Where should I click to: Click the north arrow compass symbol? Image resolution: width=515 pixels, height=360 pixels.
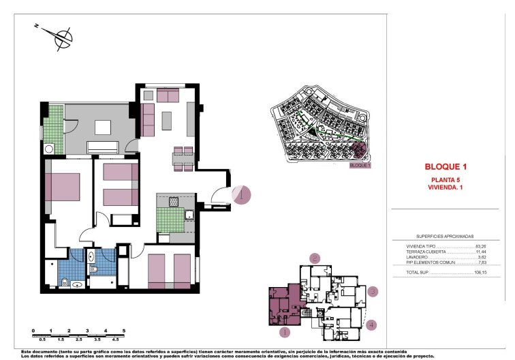[x=62, y=38]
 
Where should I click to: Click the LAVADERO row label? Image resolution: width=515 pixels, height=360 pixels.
[x=417, y=257]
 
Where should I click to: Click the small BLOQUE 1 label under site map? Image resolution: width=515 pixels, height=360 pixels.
[x=359, y=165]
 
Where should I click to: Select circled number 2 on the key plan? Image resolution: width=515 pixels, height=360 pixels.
[x=315, y=258]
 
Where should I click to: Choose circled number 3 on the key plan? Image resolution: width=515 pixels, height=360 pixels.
[x=373, y=292]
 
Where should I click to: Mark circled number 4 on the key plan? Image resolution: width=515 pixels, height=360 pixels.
[x=371, y=325]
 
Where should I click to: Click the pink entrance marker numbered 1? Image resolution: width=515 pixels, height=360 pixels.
[x=242, y=195]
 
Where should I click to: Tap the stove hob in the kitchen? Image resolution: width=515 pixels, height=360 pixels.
[x=173, y=201]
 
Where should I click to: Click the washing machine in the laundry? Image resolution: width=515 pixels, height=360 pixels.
[x=48, y=148]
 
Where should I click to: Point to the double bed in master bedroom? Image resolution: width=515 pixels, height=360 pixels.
[x=63, y=187]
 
